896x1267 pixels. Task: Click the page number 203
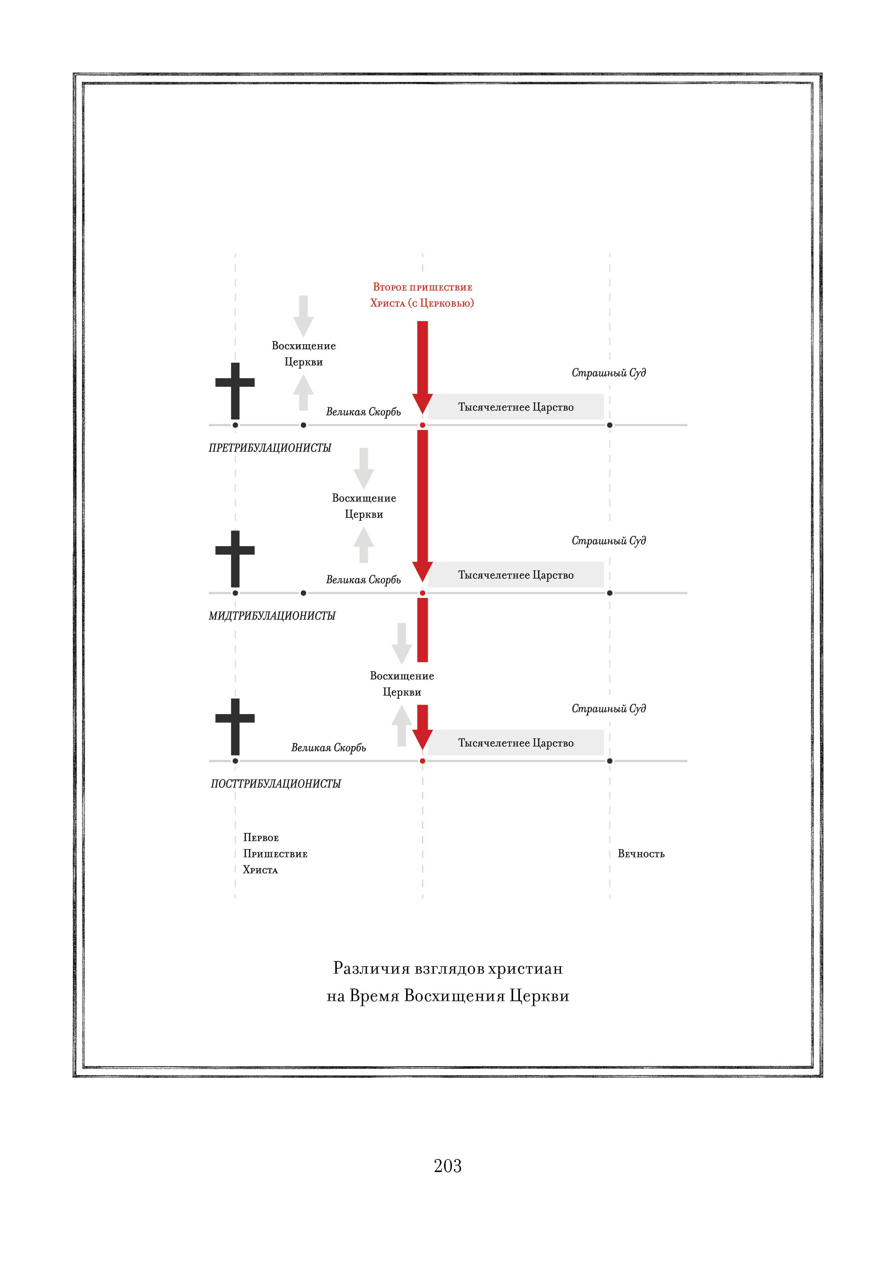(x=447, y=1166)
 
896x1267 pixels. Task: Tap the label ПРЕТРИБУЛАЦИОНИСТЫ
(x=270, y=448)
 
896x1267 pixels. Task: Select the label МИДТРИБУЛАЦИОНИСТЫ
(x=272, y=616)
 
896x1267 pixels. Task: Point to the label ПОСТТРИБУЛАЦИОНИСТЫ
(x=275, y=784)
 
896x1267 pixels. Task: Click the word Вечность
(x=641, y=854)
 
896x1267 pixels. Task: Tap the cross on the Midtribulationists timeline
(x=235, y=558)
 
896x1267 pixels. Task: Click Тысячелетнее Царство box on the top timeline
(x=516, y=407)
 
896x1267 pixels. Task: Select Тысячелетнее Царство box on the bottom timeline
(x=516, y=743)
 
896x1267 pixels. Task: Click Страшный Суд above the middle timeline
(x=608, y=541)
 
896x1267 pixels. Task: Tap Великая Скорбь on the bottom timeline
(x=328, y=748)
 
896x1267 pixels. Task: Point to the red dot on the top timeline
(x=422, y=425)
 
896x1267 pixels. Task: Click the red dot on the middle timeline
(x=422, y=593)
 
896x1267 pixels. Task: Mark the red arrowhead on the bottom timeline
(x=422, y=738)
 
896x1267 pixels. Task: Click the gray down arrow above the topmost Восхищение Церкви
(x=303, y=316)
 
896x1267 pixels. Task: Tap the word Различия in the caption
(x=371, y=968)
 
